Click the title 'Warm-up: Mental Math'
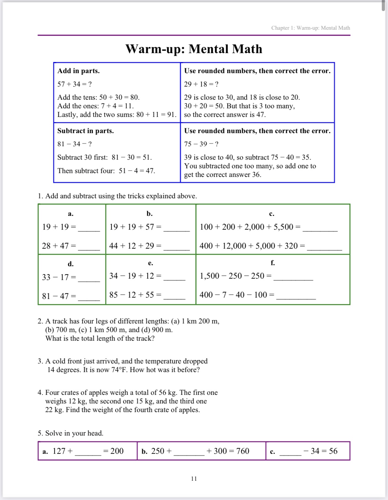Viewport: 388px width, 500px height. pos(194,49)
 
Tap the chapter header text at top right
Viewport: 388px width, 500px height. pos(310,28)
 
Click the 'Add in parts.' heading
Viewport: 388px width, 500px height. pos(79,71)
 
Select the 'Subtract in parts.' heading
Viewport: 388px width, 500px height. pos(86,131)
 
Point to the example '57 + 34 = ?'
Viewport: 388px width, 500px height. pos(74,84)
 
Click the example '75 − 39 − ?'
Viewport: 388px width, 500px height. pos(201,144)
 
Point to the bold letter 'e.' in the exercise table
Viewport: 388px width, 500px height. pos(150,263)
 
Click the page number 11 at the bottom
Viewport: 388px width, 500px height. pos(194,479)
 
